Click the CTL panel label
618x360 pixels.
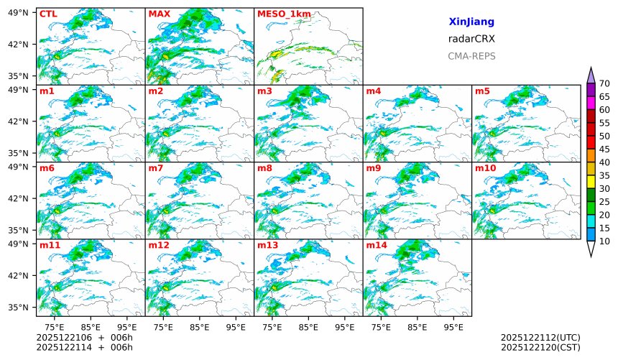click(47, 14)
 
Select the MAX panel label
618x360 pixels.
click(159, 14)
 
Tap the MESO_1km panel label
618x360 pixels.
click(280, 14)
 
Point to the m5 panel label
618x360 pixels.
click(482, 91)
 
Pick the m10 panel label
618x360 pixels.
click(485, 168)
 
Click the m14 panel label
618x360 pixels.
click(376, 246)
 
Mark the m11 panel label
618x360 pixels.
click(50, 246)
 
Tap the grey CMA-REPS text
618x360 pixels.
click(471, 56)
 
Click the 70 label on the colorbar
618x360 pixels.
click(604, 83)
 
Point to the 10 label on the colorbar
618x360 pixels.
click(604, 241)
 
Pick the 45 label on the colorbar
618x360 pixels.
click(604, 149)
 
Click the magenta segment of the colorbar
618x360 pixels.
click(591, 103)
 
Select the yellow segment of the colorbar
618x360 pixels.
click(591, 182)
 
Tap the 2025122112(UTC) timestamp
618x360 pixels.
click(540, 337)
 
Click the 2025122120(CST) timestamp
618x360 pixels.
click(540, 347)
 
